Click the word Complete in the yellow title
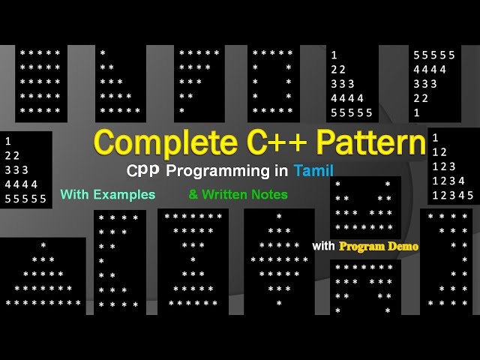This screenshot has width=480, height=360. (x=154, y=142)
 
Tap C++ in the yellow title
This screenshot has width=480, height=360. (x=268, y=142)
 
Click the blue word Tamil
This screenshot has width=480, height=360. (x=313, y=170)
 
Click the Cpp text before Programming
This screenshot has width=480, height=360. (x=142, y=170)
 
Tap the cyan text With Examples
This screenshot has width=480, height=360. (x=108, y=194)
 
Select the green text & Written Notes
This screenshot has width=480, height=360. (x=238, y=194)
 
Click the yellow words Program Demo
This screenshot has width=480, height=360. (x=378, y=246)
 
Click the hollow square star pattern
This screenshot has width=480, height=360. (x=273, y=82)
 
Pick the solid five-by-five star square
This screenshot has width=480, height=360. (x=40, y=82)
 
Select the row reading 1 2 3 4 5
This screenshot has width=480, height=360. (x=452, y=195)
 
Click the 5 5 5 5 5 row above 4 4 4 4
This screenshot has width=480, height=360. (x=434, y=55)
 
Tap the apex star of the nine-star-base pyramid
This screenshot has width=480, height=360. (x=43, y=246)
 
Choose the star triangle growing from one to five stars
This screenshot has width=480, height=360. (x=120, y=82)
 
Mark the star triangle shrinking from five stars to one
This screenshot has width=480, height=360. (x=199, y=82)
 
